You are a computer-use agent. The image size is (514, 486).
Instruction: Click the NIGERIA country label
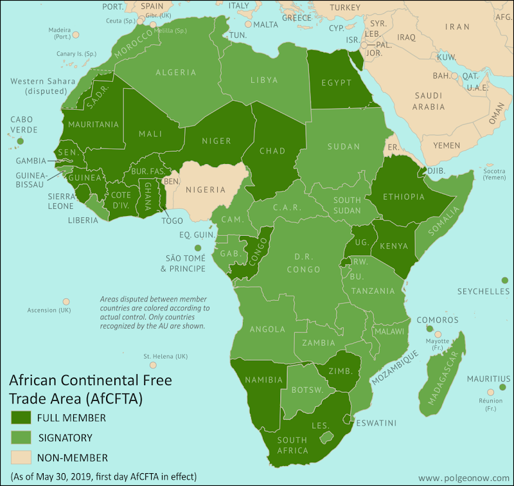[x=206, y=190]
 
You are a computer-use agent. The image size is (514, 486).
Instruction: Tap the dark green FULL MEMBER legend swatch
[x=21, y=417]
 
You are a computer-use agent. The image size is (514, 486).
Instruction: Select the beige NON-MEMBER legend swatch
[x=21, y=458]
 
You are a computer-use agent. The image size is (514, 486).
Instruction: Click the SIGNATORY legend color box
[x=21, y=438]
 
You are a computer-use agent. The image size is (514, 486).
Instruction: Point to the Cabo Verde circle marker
[x=21, y=141]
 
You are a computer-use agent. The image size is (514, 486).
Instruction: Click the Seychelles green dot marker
[x=504, y=280]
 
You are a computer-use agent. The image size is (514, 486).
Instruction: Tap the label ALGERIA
[x=175, y=73]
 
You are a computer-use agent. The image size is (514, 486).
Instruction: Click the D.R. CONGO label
[x=303, y=264]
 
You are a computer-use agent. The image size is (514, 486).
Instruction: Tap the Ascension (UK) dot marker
[x=66, y=301]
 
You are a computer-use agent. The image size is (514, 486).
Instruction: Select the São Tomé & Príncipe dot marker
[x=198, y=248]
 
